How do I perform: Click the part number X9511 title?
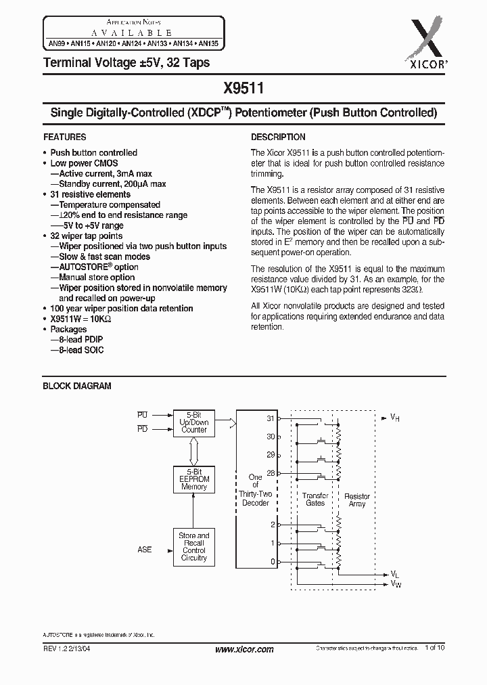(243, 87)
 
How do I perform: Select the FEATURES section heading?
(64, 137)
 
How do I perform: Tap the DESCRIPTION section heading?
(278, 137)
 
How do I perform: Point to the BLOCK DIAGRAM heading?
(77, 386)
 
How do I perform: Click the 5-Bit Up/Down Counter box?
(193, 422)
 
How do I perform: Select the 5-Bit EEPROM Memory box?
(193, 479)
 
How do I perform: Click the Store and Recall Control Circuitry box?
(193, 546)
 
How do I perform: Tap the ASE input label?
(145, 550)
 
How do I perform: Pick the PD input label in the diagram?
(142, 428)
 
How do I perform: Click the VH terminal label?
(395, 418)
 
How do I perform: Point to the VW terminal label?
(396, 583)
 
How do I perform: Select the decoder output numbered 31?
(271, 418)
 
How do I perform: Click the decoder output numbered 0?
(273, 561)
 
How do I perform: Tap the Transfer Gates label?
(315, 500)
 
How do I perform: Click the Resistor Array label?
(356, 500)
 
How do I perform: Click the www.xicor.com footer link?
(243, 649)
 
